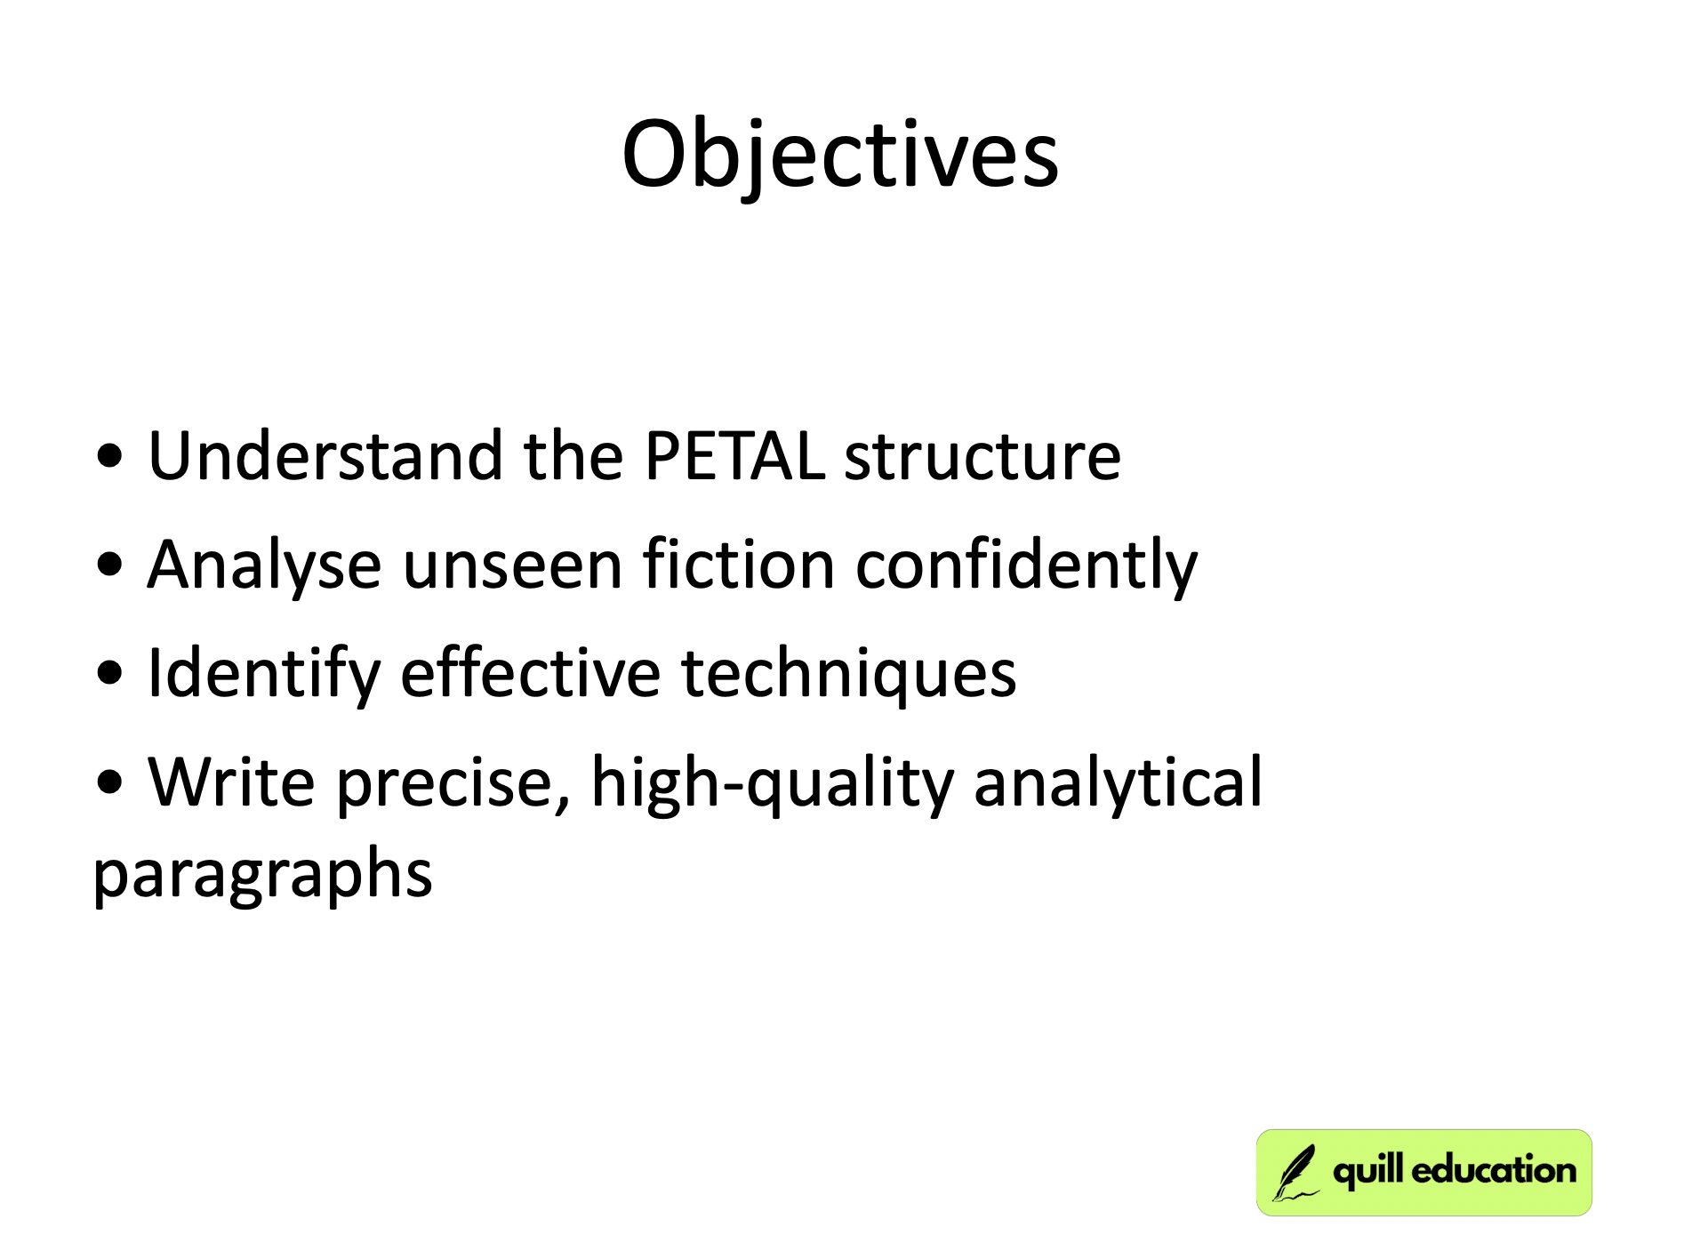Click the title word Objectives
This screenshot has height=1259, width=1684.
pyautogui.click(x=840, y=156)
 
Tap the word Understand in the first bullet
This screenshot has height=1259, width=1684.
pyautogui.click(x=325, y=456)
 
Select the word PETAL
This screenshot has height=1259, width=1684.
pyautogui.click(x=734, y=456)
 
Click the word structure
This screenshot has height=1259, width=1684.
pyautogui.click(x=982, y=456)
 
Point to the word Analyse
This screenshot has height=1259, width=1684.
pyautogui.click(x=264, y=565)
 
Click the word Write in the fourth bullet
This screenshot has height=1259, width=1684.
pyautogui.click(x=231, y=782)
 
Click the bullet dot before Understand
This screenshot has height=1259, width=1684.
pyautogui.click(x=110, y=457)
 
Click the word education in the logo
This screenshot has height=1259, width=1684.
pyautogui.click(x=1493, y=1171)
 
